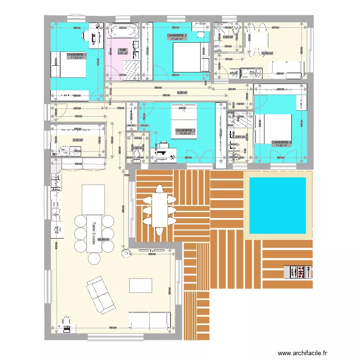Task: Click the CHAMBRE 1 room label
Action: [76, 55]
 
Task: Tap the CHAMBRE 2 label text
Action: [177, 36]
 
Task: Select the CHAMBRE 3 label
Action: [185, 131]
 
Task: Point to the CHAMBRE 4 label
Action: [281, 143]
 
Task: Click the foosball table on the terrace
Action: [298, 273]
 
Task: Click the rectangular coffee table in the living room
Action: [141, 285]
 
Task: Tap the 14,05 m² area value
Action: [185, 134]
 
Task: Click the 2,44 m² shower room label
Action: [228, 37]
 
